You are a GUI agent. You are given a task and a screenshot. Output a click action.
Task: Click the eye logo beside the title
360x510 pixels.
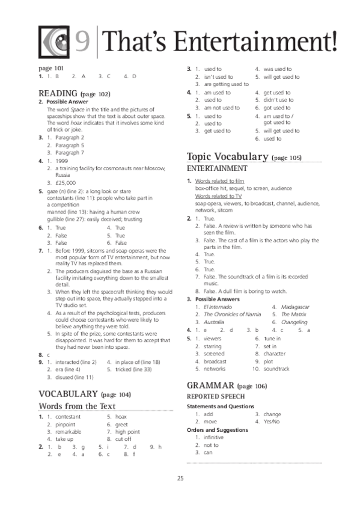tap(55, 41)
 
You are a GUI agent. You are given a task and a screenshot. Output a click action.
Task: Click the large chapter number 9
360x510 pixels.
tap(84, 41)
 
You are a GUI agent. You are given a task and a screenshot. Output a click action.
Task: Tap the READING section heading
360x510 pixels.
tap(58, 94)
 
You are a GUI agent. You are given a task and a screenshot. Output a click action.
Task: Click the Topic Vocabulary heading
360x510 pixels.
tap(228, 157)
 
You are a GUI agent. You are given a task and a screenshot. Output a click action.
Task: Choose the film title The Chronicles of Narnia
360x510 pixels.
tap(232, 315)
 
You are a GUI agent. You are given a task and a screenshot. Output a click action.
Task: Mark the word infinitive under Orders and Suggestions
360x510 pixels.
tap(213, 437)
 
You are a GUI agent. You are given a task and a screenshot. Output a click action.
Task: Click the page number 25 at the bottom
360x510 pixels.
tap(180, 479)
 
